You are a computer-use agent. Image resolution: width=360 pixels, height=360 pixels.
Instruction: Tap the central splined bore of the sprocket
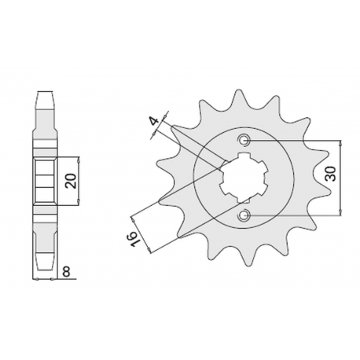click(244, 178)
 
